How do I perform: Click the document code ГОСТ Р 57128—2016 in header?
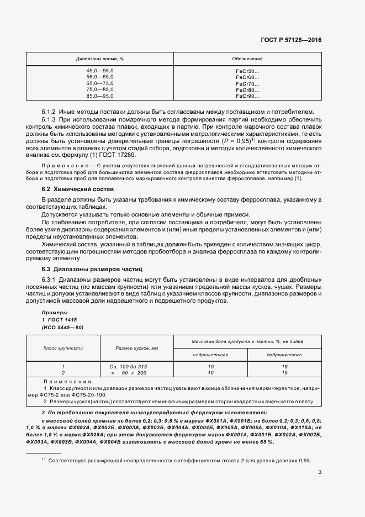coord(290,40)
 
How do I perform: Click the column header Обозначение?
coord(247,59)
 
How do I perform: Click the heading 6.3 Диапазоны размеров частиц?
coord(92,269)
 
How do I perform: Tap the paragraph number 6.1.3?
coord(49,120)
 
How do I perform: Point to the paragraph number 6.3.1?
coord(49,279)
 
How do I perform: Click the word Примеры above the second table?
coord(54,313)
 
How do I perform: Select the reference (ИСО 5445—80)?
coord(63,328)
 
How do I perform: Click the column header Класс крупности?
coord(63,348)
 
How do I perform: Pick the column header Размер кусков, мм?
coord(137,348)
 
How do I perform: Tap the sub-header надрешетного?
coord(210,354)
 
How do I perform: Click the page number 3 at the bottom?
coord(320,472)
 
